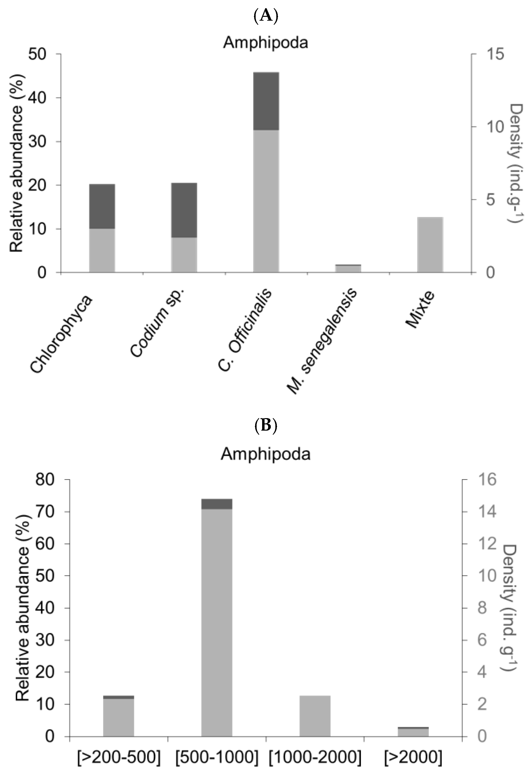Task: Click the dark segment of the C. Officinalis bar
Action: tap(266, 101)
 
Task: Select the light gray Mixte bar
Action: tap(430, 245)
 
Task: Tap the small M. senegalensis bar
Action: tap(348, 268)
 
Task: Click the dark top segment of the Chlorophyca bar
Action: tap(102, 206)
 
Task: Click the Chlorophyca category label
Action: tap(62, 333)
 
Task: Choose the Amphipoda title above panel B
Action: tap(266, 454)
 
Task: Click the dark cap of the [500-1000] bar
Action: tap(217, 504)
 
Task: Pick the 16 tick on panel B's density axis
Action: tap(487, 480)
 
